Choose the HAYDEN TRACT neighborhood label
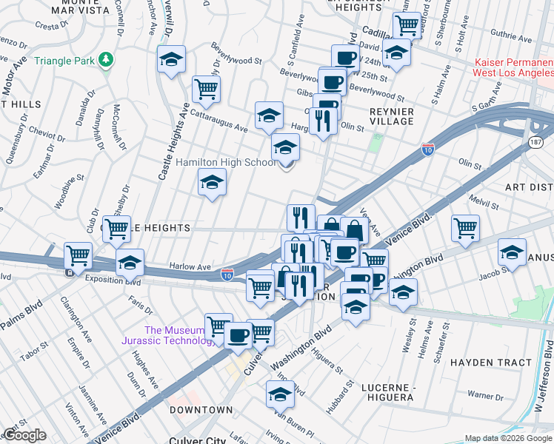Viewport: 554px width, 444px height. (x=491, y=363)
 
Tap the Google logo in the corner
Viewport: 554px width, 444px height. (x=24, y=435)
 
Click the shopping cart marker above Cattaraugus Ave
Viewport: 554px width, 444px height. (x=207, y=89)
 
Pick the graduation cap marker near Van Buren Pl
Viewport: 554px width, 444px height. (x=280, y=394)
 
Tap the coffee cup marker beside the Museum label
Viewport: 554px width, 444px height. (x=238, y=335)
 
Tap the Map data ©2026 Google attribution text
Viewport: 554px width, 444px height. (x=507, y=438)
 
